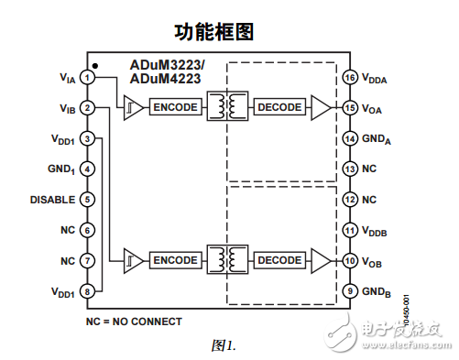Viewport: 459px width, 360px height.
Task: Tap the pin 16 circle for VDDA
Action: coord(349,78)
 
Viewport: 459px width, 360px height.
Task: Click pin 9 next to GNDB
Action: coord(349,291)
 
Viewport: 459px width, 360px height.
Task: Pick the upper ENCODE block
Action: coord(175,108)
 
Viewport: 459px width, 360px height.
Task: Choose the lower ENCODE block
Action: coord(175,260)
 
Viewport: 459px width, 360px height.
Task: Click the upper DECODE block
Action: coord(279,108)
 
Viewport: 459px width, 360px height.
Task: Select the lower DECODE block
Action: coord(279,260)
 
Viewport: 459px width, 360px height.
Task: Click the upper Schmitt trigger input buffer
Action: coord(132,108)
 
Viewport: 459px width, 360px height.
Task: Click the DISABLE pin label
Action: coord(50,200)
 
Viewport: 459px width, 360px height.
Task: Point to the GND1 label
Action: coord(58,169)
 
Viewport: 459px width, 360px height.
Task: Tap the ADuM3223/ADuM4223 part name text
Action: coord(167,71)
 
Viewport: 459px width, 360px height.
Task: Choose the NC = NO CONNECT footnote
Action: coord(134,322)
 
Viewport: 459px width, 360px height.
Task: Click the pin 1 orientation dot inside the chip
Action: coord(95,66)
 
